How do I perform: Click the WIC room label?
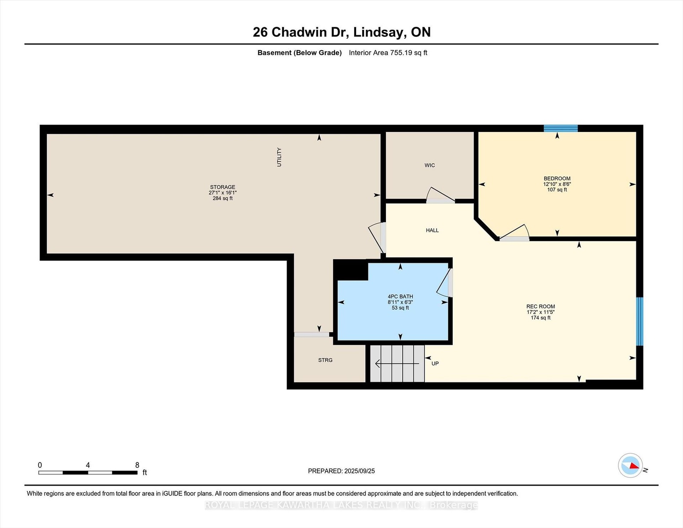click(430, 165)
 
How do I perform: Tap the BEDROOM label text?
click(557, 178)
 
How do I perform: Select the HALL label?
click(432, 230)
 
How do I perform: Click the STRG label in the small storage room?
click(325, 360)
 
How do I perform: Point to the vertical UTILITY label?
click(279, 157)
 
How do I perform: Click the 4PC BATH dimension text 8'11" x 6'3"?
click(400, 302)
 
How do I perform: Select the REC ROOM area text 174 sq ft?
click(540, 318)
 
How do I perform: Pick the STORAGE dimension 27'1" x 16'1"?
click(223, 193)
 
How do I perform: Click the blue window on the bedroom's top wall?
click(561, 128)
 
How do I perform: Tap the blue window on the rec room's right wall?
click(639, 321)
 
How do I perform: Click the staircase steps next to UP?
click(397, 363)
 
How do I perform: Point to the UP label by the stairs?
click(435, 363)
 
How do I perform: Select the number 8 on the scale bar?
click(137, 465)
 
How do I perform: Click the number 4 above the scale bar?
click(88, 465)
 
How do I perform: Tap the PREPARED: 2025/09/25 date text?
click(341, 471)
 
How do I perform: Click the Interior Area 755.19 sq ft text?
click(388, 53)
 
